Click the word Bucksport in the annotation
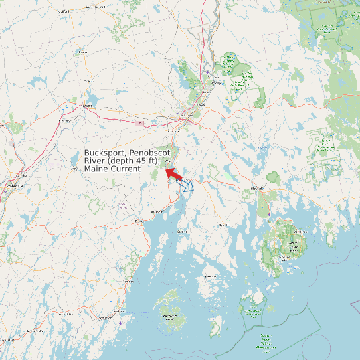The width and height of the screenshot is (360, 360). click(105, 153)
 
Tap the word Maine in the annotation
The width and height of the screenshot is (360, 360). click(96, 169)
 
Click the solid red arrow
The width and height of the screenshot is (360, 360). click(174, 173)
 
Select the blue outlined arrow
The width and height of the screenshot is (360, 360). click(187, 184)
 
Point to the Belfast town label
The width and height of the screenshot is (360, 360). click(139, 221)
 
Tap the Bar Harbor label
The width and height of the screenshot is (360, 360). click(300, 232)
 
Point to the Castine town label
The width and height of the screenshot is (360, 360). click(182, 232)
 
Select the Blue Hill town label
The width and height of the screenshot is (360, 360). click(223, 225)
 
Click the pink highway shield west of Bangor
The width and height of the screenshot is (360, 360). click(139, 123)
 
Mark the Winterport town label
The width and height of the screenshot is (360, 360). click(171, 161)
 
